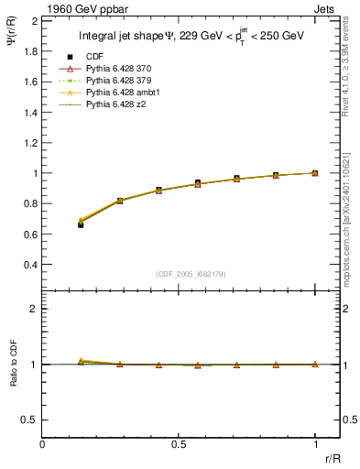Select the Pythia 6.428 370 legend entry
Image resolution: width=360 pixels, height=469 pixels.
coord(115,70)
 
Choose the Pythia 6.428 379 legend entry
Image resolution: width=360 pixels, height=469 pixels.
coord(115,82)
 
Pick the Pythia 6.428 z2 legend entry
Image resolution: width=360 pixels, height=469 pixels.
coord(110,105)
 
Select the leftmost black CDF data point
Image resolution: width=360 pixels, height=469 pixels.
coord(82,224)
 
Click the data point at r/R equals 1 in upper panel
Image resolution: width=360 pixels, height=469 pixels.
coord(315,172)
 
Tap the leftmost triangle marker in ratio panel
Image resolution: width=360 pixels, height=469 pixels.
coord(82,361)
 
